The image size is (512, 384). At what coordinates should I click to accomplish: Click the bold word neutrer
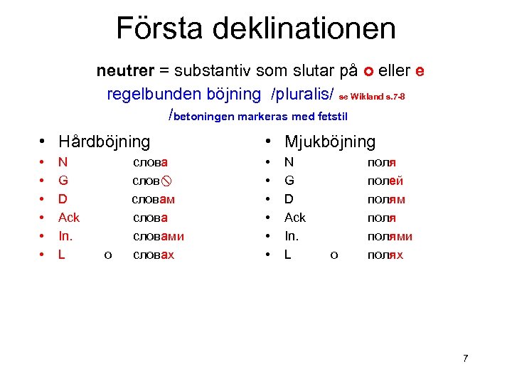click(x=125, y=72)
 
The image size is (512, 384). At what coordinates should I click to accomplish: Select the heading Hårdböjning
click(x=105, y=142)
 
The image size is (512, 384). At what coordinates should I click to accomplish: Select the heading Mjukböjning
click(x=330, y=142)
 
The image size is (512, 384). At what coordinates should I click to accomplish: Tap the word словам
click(x=154, y=199)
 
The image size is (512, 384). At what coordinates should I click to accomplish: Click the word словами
click(x=158, y=236)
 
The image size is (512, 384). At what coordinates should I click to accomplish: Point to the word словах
click(x=154, y=255)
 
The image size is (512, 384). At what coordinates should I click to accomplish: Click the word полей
click(x=385, y=181)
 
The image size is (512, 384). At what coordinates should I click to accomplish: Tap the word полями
click(x=390, y=236)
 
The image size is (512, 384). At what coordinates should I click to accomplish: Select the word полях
click(x=385, y=255)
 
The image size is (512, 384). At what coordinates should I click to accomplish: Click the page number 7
click(x=465, y=358)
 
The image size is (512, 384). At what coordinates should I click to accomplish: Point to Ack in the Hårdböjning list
click(x=69, y=218)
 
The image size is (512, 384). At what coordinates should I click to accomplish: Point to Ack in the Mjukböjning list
click(x=294, y=218)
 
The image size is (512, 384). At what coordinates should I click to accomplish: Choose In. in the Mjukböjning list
click(x=291, y=236)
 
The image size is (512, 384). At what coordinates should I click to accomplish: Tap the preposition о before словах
click(x=107, y=255)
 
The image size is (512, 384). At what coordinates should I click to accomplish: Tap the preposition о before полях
click(x=334, y=255)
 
